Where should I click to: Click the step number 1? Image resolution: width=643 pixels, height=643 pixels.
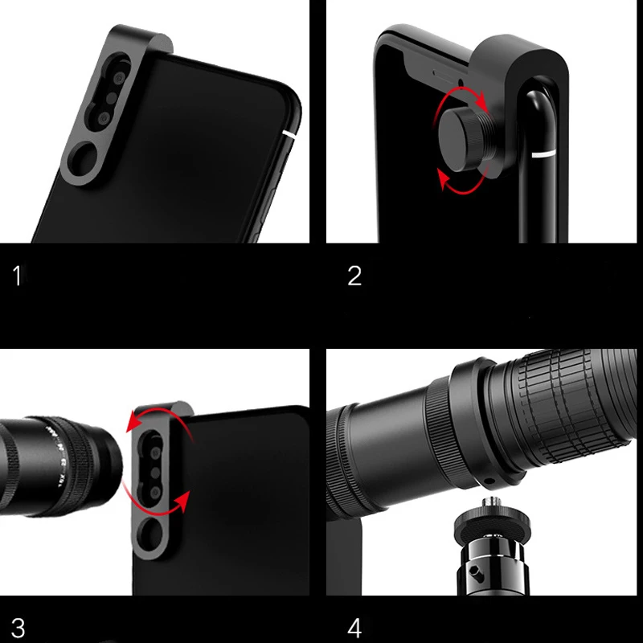[x=18, y=276]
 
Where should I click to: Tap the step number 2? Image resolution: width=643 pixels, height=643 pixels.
[x=354, y=276]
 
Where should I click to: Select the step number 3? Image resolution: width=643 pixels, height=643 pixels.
[x=18, y=626]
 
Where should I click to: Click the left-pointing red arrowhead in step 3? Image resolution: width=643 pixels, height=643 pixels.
[x=132, y=427]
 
